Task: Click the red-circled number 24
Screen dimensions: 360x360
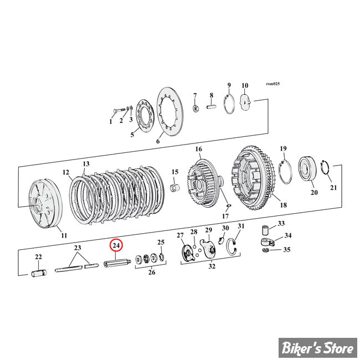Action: click(x=116, y=245)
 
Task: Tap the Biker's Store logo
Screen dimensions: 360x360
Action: click(x=318, y=348)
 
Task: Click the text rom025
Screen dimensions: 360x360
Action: click(x=272, y=84)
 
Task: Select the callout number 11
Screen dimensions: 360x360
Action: click(x=64, y=235)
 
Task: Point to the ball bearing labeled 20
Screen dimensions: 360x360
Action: click(x=307, y=168)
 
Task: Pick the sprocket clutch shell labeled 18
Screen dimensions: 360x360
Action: click(x=253, y=178)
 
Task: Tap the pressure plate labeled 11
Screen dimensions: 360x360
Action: click(x=45, y=206)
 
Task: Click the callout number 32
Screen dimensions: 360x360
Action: click(x=212, y=266)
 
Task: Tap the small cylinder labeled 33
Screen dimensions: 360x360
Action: click(x=265, y=230)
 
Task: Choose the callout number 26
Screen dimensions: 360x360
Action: click(x=152, y=272)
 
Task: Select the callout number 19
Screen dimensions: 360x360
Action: click(x=284, y=148)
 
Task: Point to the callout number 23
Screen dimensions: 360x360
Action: click(x=78, y=248)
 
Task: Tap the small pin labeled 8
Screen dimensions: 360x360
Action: click(x=211, y=107)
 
